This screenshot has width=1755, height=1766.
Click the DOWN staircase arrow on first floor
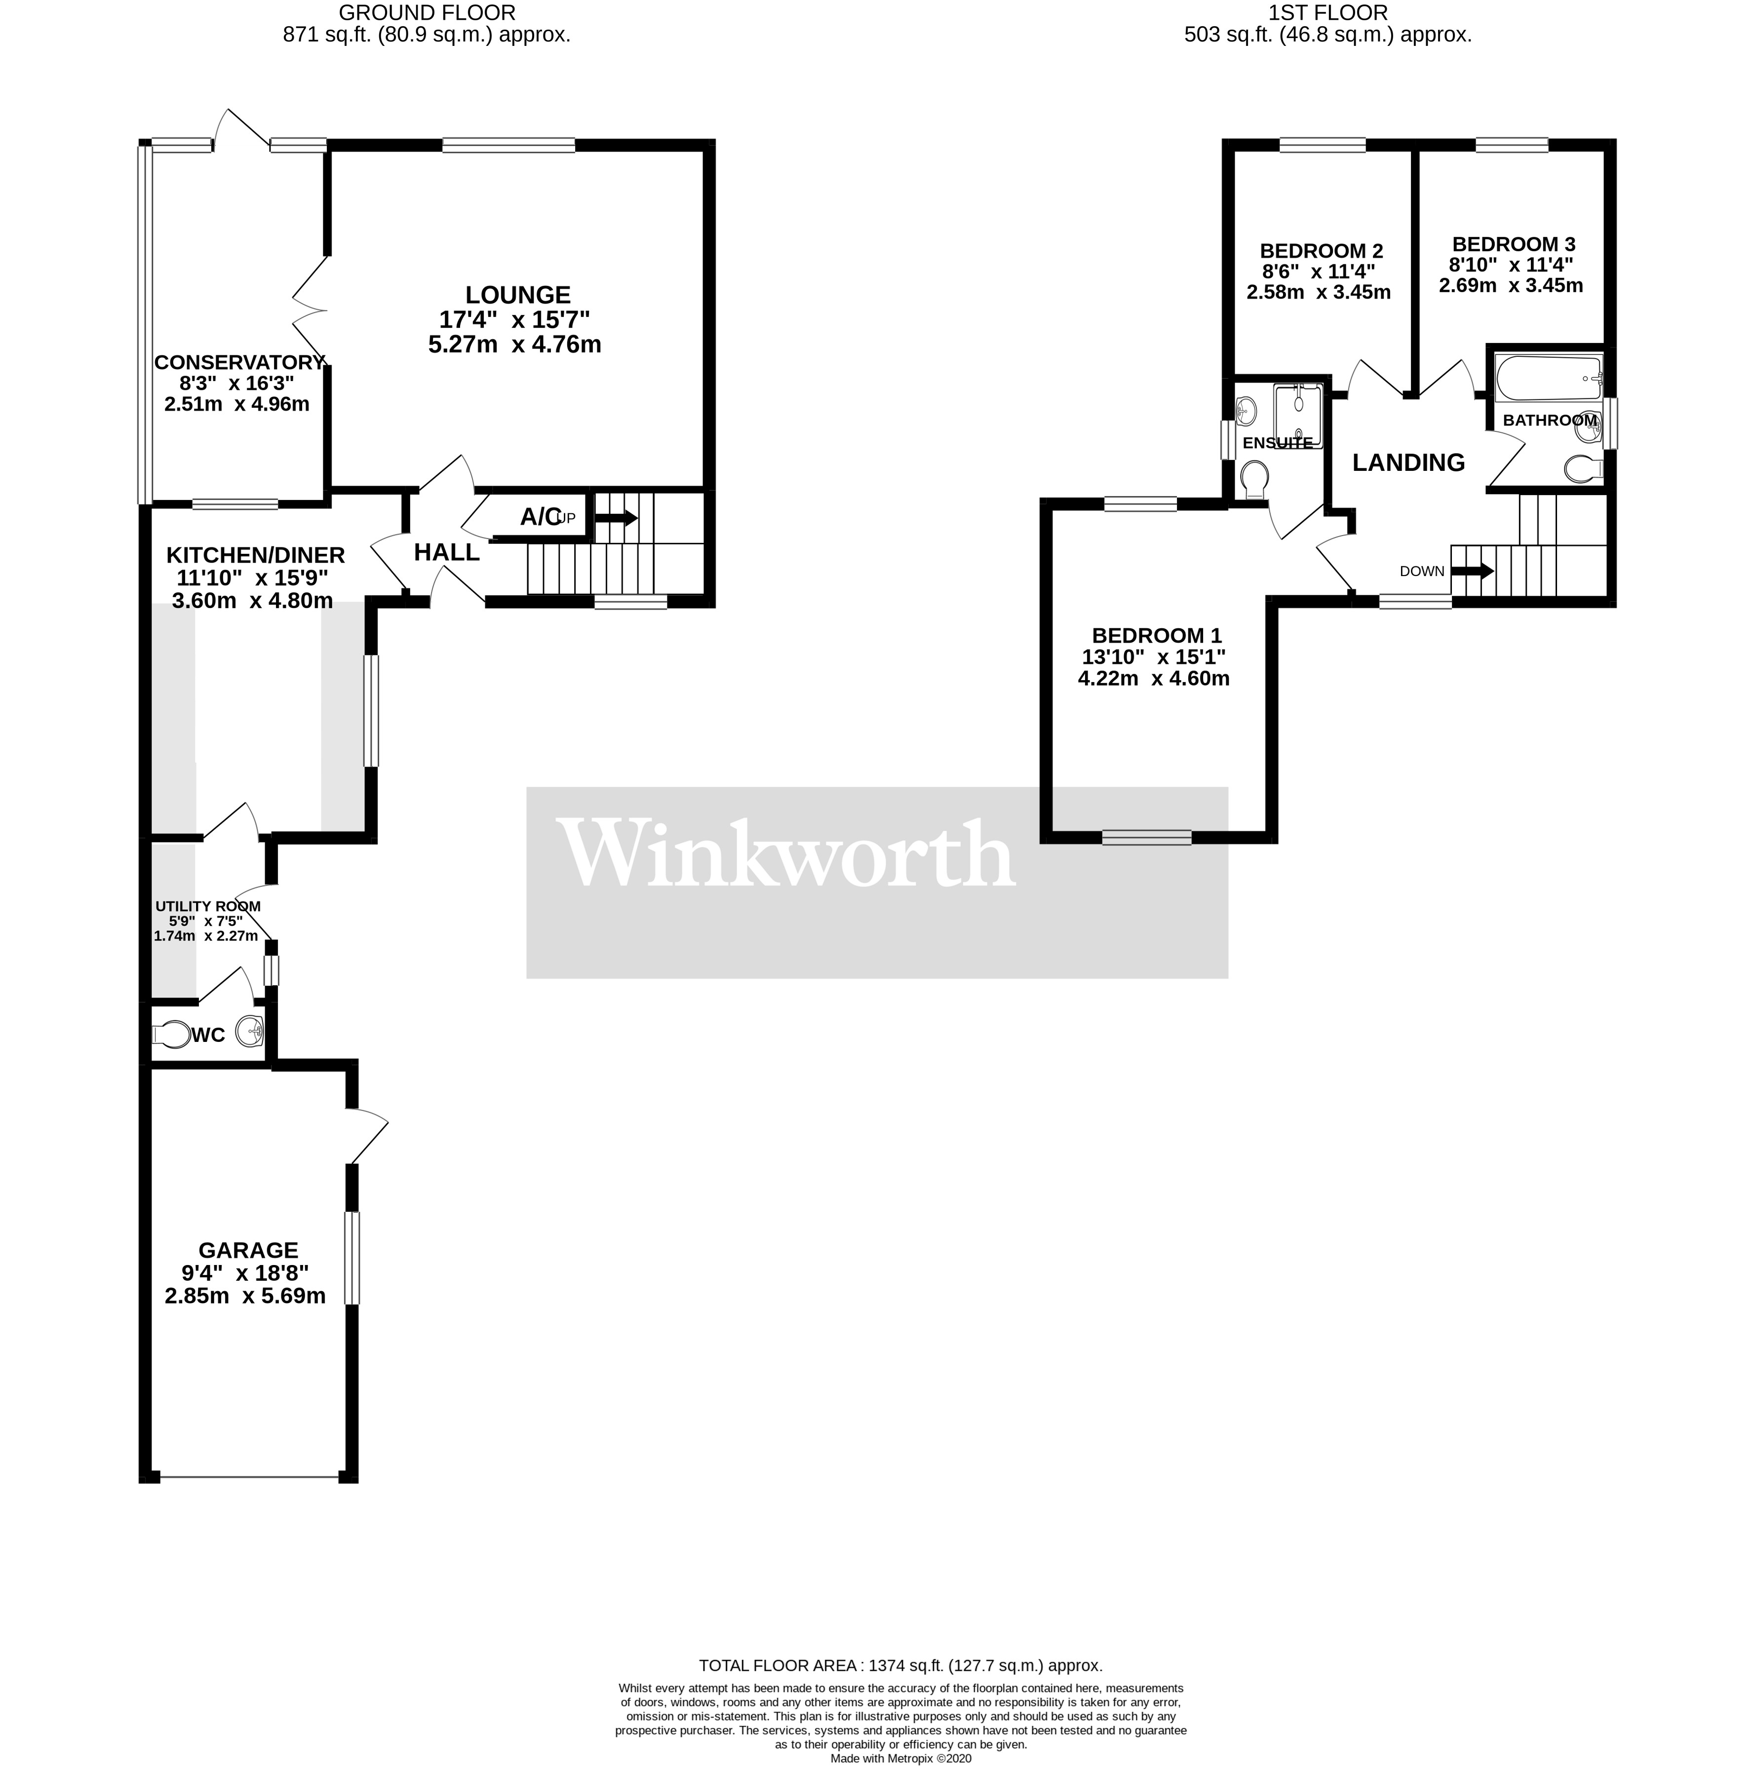(1473, 571)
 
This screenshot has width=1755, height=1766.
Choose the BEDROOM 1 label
(1156, 635)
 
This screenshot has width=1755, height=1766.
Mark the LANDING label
(1407, 462)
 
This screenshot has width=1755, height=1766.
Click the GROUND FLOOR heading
(427, 13)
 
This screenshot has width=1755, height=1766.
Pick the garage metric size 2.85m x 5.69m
(245, 1296)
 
